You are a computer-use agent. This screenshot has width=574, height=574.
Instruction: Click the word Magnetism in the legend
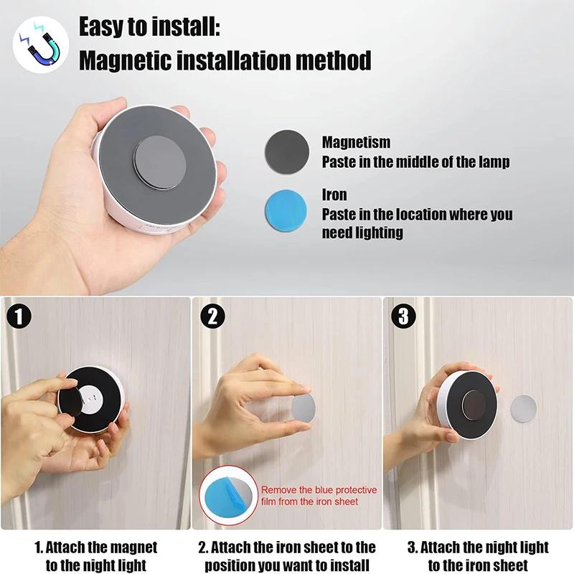356,143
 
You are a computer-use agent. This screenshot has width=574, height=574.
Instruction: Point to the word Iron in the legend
334,195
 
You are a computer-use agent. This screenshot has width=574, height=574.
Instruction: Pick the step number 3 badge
403,316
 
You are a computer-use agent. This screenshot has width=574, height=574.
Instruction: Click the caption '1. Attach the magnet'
96,547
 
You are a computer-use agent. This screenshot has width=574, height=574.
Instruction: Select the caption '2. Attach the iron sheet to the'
287,547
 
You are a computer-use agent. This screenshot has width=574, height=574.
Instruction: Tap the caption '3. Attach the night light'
477,547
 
